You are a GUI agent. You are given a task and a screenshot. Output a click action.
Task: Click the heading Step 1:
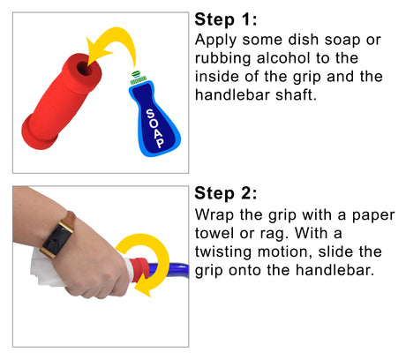pyautogui.click(x=226, y=20)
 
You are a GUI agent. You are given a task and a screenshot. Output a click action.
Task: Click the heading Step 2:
pyautogui.click(x=226, y=193)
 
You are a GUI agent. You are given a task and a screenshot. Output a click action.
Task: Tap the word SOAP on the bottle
pyautogui.click(x=155, y=128)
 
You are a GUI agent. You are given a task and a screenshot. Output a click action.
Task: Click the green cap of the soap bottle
pyautogui.click(x=138, y=78)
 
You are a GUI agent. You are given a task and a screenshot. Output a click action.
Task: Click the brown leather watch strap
pyautogui.click(x=70, y=218)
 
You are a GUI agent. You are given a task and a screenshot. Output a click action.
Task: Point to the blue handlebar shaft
pyautogui.click(x=172, y=269)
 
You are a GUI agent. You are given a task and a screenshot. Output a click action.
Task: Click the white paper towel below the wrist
pyautogui.click(x=44, y=269)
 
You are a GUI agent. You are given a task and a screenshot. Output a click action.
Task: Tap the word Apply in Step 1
pyautogui.click(x=215, y=41)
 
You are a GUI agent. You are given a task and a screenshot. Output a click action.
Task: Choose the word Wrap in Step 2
pyautogui.click(x=214, y=215)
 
